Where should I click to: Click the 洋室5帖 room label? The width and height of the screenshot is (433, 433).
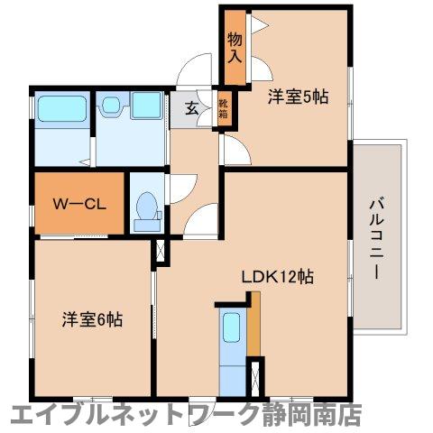point(296,97)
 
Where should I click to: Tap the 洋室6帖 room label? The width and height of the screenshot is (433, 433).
point(92,319)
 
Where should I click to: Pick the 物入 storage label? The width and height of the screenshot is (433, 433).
point(235,48)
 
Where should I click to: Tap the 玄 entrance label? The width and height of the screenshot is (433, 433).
point(192,108)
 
